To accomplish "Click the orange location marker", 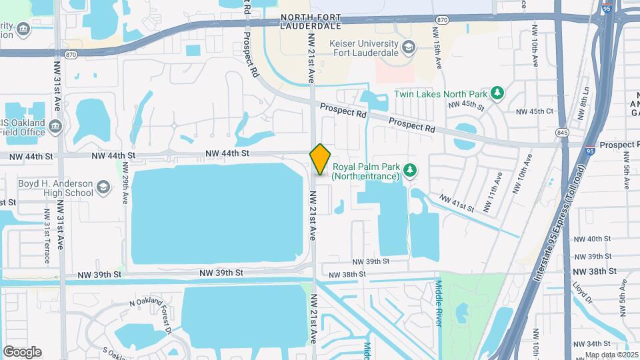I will tap(320, 159).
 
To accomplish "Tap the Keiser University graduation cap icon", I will tap(409, 46).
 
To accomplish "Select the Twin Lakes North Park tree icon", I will tap(497, 93).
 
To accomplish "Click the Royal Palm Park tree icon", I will tap(411, 171).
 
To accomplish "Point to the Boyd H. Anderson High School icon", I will tap(103, 187).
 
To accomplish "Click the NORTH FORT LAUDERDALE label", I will tap(311, 21).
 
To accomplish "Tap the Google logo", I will tap(22, 351).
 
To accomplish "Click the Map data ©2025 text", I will tap(611, 355).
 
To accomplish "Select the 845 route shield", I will tap(563, 132).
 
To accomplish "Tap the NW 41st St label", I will tap(457, 203).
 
